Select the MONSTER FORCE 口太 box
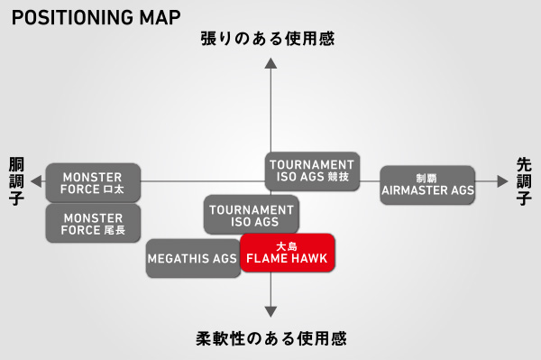93,182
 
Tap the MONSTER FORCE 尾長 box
93,222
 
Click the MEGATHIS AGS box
191,259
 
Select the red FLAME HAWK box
287,252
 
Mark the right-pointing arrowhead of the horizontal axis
502,182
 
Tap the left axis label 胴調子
16,181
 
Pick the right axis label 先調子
524,181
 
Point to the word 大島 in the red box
287,245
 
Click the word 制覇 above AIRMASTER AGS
427,178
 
